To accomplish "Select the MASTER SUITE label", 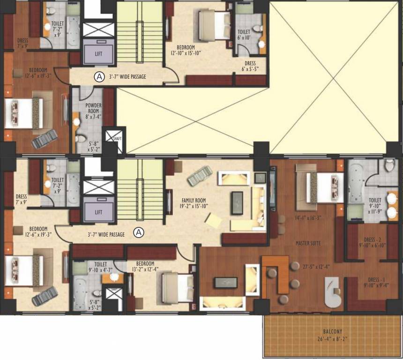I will pos(308,243).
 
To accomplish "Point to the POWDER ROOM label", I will pos(93,108).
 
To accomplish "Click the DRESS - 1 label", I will pos(373,280).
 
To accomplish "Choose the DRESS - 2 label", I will pos(373,241).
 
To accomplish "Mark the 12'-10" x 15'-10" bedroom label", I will pos(186,50).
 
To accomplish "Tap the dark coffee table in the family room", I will pos(237,202).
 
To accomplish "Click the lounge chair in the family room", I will pos(196,177).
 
